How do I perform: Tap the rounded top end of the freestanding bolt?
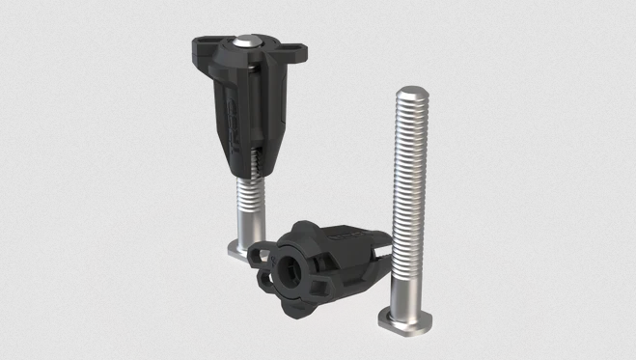[x=410, y=94]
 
